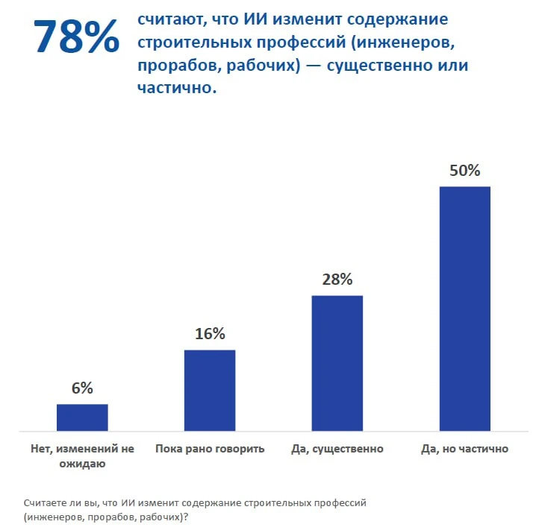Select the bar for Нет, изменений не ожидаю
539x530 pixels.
tap(82, 417)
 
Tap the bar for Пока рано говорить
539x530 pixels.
tap(210, 390)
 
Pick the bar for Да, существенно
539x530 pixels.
tap(337, 363)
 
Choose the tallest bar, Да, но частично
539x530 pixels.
tap(464, 308)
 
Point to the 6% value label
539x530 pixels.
tap(82, 388)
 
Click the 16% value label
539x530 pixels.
tap(210, 333)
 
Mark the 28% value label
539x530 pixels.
tap(337, 280)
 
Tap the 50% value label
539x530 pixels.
tap(464, 170)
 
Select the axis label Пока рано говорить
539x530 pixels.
tap(210, 449)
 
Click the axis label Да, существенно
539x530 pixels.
tap(337, 449)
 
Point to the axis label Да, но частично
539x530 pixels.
tap(464, 449)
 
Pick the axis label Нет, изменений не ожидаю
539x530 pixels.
tap(82, 456)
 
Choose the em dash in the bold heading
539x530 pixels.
tap(311, 66)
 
